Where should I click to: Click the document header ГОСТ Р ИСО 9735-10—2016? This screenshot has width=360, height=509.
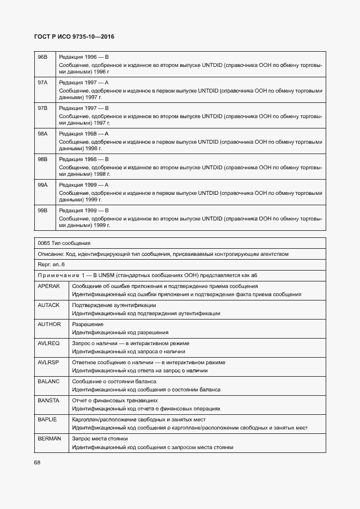click(75, 37)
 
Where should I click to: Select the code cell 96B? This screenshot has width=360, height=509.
click(42, 57)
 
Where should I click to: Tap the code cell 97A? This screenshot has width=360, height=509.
click(42, 82)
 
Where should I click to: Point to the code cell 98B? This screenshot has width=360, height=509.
click(42, 159)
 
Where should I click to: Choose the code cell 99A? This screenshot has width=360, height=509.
click(42, 185)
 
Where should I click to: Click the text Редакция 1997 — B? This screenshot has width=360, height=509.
click(84, 108)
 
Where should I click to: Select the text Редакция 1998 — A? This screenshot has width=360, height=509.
click(84, 133)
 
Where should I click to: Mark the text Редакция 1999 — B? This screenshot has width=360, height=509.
click(84, 210)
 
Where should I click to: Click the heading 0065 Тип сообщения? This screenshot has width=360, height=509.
click(64, 243)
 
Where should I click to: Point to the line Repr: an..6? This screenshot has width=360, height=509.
click(51, 264)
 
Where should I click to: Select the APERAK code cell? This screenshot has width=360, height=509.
click(49, 286)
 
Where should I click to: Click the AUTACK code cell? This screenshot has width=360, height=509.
click(49, 305)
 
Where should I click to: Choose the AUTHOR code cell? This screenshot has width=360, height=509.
click(49, 324)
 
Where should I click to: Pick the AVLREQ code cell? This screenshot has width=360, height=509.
click(49, 343)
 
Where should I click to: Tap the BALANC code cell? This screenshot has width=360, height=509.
click(49, 381)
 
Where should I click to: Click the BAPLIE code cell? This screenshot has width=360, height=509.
click(48, 419)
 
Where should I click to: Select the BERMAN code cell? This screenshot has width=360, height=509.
click(49, 438)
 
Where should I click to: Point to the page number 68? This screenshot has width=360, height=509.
click(37, 463)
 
